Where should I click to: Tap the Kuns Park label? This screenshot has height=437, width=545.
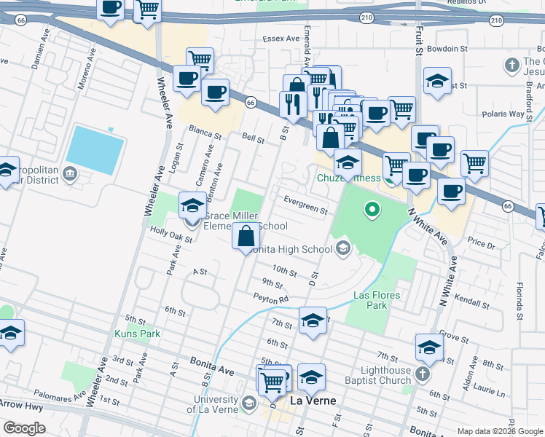tap(136, 334)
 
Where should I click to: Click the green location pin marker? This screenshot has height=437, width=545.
tap(372, 211)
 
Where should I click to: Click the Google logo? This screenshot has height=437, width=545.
tap(25, 428)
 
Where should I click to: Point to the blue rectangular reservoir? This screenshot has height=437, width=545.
tap(94, 149)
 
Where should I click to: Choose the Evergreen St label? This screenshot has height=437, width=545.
tap(306, 207)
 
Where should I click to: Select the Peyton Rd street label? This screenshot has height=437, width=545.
tap(272, 298)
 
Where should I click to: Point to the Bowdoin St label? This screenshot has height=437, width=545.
tap(447, 48)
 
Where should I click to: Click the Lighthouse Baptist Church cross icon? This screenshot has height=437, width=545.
tap(422, 376)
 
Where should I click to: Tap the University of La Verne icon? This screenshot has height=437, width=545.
tap(248, 403)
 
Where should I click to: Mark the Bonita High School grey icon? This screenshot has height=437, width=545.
tap(342, 249)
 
